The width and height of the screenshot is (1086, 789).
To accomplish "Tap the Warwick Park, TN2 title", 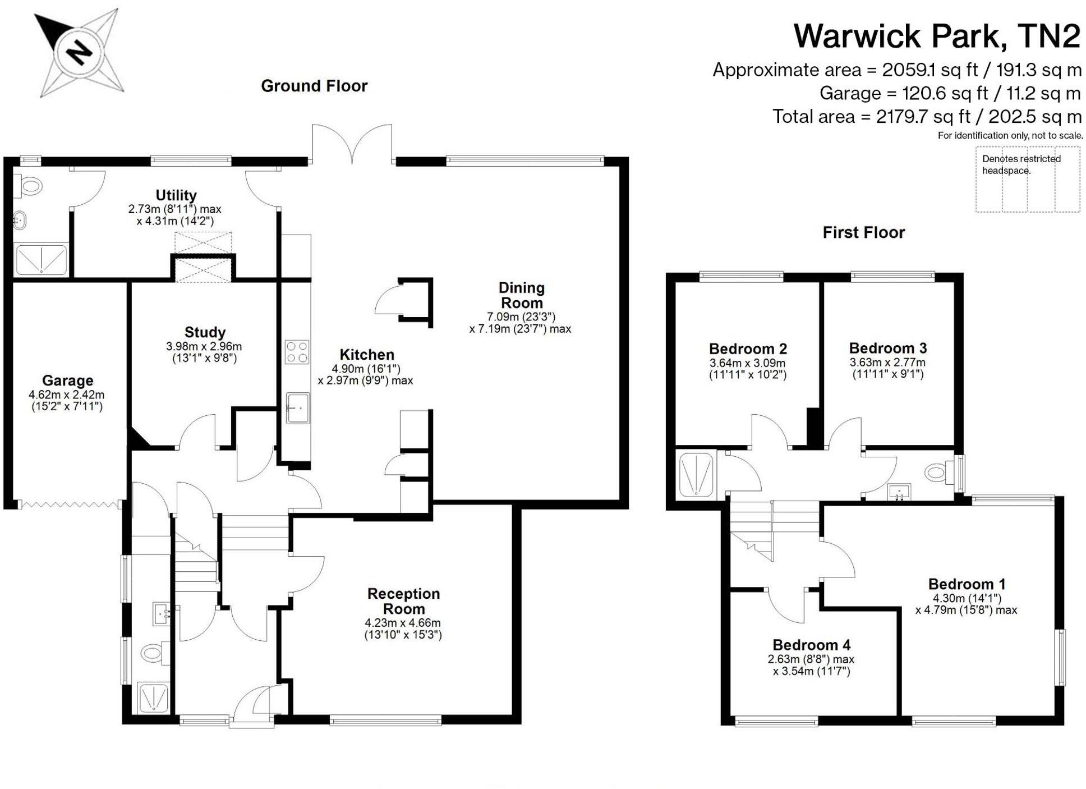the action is click(x=936, y=36).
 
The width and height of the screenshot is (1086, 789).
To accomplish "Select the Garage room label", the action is click(x=67, y=380).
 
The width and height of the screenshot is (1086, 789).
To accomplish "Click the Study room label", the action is click(x=205, y=332).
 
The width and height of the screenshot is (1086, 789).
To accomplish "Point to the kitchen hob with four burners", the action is click(x=297, y=352).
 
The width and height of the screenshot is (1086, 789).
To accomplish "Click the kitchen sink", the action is click(x=297, y=407).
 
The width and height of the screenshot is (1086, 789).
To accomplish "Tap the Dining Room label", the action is click(x=521, y=295).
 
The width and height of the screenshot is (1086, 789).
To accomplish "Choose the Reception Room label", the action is click(x=403, y=601).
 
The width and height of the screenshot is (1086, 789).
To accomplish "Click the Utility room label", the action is click(x=176, y=195).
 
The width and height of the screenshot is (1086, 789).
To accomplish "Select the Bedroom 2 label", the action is click(x=748, y=348).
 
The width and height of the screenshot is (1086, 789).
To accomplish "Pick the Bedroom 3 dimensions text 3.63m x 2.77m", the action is click(x=887, y=363).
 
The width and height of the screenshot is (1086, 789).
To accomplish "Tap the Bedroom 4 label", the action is click(x=811, y=645).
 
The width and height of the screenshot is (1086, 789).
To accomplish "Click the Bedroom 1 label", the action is click(x=967, y=584).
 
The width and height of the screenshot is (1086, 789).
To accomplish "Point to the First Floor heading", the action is click(x=863, y=232).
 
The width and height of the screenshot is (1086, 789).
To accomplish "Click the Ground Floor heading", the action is click(x=314, y=86).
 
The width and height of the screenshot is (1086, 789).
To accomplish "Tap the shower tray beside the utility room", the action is click(x=41, y=260).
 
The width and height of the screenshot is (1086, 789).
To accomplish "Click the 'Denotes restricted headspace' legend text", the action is click(x=1021, y=164).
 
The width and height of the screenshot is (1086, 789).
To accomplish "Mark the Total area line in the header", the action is click(x=927, y=117).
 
